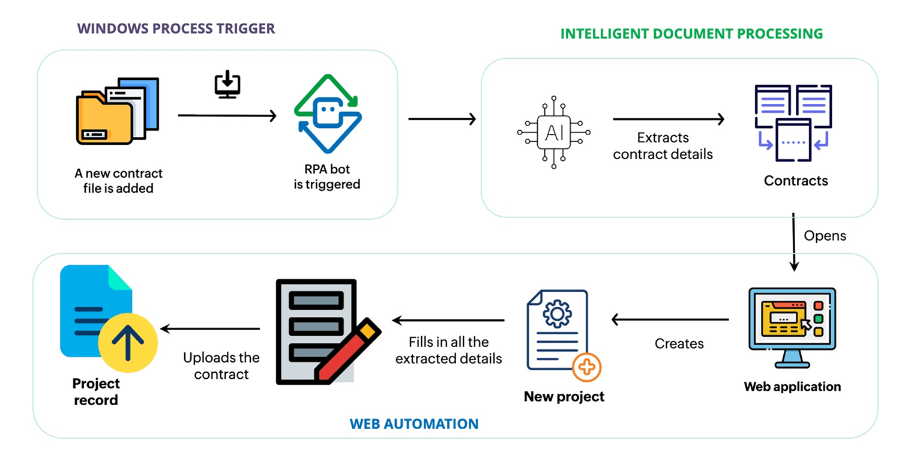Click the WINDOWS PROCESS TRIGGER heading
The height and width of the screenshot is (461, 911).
(176, 29)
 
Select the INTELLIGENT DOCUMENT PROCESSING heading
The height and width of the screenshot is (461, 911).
(691, 34)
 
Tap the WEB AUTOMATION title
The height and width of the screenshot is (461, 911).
(414, 424)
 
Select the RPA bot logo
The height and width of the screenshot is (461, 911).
(328, 113)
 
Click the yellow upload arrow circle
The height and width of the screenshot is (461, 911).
(128, 342)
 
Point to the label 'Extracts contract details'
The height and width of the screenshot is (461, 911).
(663, 146)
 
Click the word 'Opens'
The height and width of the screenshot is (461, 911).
(825, 236)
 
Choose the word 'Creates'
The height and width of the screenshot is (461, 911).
(679, 344)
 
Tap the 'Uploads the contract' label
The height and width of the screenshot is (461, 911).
(221, 366)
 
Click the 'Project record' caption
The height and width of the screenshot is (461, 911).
(96, 391)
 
